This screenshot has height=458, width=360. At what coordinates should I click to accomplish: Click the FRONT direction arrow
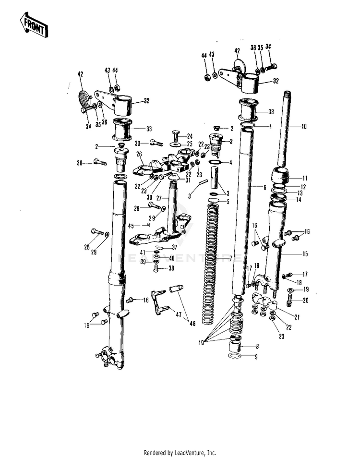pyautogui.click(x=34, y=25)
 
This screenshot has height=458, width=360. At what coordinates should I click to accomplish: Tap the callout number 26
pyautogui.click(x=140, y=154)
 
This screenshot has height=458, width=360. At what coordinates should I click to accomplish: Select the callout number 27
pyautogui.click(x=159, y=198)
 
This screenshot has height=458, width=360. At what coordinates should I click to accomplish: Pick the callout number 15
pyautogui.click(x=305, y=253)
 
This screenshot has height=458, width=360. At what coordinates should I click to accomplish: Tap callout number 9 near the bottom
pyautogui.click(x=256, y=357)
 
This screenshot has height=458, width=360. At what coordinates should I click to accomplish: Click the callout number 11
pyautogui.click(x=304, y=178)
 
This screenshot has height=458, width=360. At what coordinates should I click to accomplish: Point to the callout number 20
pyautogui.click(x=305, y=301)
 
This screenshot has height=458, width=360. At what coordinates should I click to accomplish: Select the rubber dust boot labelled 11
pyautogui.click(x=281, y=176)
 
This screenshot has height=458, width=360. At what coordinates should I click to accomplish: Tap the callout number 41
pyautogui.click(x=143, y=252)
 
